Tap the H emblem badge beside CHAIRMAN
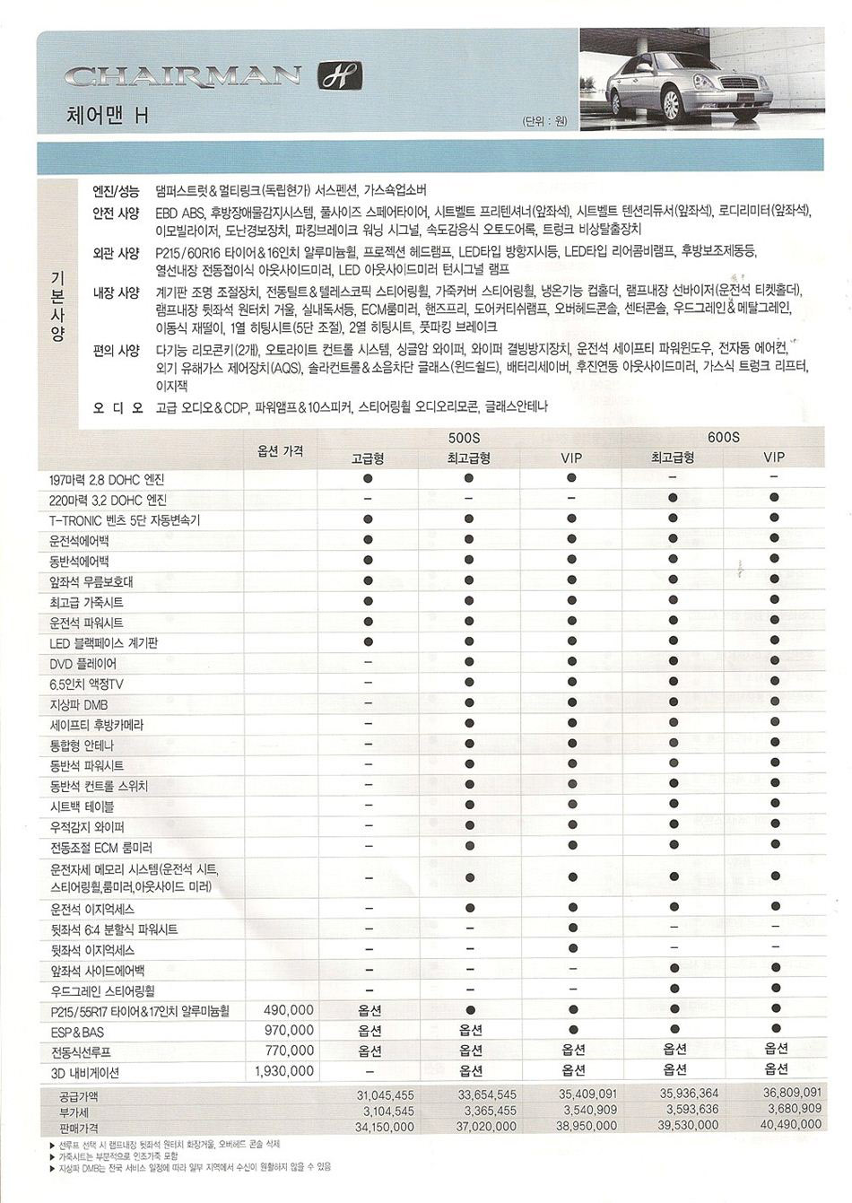coord(340,76)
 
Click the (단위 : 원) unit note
coord(543,122)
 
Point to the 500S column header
coord(464,437)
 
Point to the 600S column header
coord(723,437)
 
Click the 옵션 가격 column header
coord(280,450)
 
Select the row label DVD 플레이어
coord(83,664)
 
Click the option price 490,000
coord(289,1010)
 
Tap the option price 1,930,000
coord(284,1071)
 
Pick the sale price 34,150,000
coord(384,1127)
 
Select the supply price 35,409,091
coord(587,1094)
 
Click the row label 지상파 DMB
coord(79,705)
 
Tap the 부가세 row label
coord(74,1111)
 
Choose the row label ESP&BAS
coord(77,1032)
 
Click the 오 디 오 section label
coord(118,407)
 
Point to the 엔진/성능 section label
coord(117,191)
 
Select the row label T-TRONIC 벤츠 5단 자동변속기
coord(125,520)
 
